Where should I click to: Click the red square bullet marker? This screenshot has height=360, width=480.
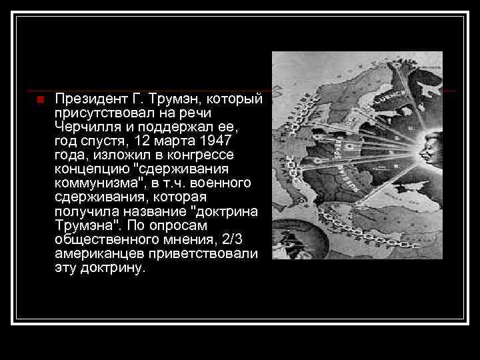point(40,101)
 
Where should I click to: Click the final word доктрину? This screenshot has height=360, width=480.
point(112,267)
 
